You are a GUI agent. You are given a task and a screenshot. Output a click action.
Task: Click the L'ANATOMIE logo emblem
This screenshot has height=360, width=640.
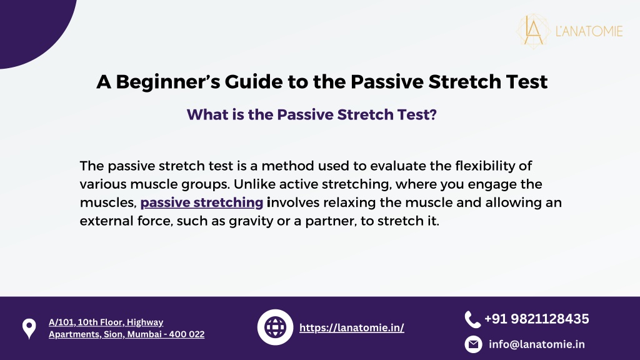pyautogui.click(x=534, y=31)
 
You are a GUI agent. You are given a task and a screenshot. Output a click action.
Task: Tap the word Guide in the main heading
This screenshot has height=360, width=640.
pyautogui.click(x=254, y=82)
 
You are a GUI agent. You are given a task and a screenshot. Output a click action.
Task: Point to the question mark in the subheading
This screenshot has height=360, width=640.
pyautogui.click(x=432, y=115)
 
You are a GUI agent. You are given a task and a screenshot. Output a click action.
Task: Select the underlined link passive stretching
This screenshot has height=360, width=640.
pyautogui.click(x=202, y=203)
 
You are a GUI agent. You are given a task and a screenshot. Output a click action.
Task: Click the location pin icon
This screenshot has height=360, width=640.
pyautogui.click(x=29, y=329)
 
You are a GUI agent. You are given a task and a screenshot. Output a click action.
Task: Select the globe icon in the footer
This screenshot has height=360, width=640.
pyautogui.click(x=275, y=327)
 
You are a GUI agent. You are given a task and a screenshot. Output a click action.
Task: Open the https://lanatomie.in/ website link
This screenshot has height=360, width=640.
pyautogui.click(x=351, y=327)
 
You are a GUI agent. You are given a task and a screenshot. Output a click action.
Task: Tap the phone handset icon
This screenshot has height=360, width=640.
pyautogui.click(x=472, y=319)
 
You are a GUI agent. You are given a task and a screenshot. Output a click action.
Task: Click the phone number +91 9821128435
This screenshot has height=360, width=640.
pyautogui.click(x=537, y=319)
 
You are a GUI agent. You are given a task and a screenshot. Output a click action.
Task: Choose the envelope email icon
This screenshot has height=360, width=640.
pyautogui.click(x=473, y=344)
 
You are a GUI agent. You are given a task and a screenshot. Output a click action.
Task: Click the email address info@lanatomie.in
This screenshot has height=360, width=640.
pyautogui.click(x=537, y=344)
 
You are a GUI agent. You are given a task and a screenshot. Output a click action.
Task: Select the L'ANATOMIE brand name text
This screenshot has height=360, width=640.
pyautogui.click(x=589, y=31)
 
